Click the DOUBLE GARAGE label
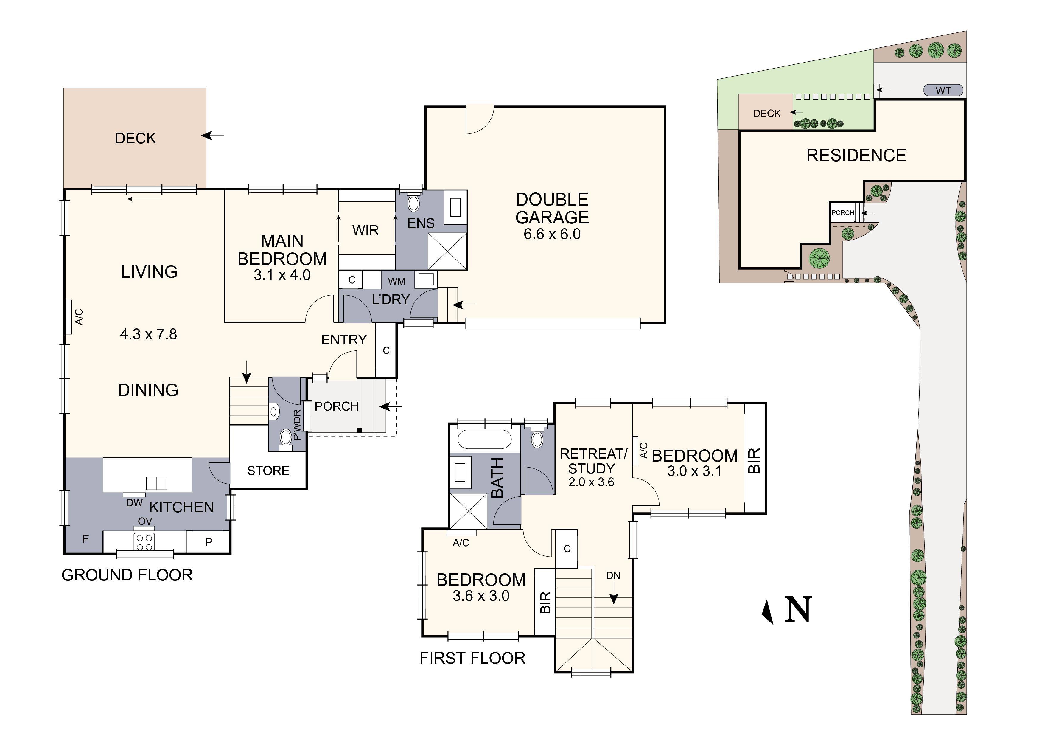click(x=552, y=209)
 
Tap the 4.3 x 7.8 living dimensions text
click(x=148, y=334)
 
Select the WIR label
click(x=366, y=230)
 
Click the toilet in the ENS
click(x=413, y=203)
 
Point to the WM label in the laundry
click(x=396, y=281)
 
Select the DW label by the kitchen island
click(x=134, y=503)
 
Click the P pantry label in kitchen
click(x=209, y=542)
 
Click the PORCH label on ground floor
click(x=337, y=406)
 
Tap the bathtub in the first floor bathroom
click(x=485, y=440)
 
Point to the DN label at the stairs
click(x=613, y=575)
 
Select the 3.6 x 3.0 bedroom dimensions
click(x=481, y=596)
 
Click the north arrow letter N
click(x=798, y=609)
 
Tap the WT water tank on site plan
click(x=943, y=91)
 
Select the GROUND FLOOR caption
click(x=127, y=575)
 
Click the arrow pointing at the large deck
click(x=213, y=136)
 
